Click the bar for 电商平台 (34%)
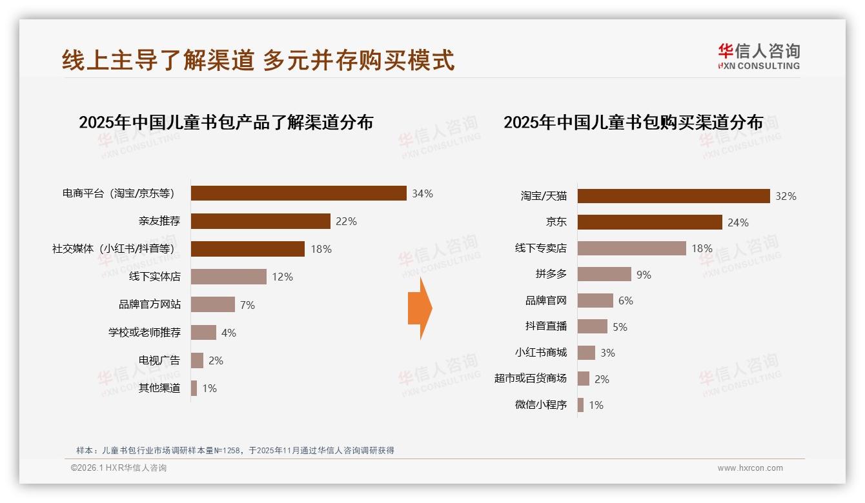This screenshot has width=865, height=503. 298,193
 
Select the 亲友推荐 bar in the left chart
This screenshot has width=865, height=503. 260,221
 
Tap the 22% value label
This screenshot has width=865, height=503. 346,221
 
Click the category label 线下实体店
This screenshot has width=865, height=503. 154,277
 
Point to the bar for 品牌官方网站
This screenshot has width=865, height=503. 212,304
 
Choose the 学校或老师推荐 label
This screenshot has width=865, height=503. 144,332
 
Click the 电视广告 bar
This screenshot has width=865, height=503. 197,360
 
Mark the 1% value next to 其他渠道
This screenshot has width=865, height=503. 209,388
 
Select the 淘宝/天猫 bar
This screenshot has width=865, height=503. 673,196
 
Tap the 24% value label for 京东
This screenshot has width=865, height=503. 738,222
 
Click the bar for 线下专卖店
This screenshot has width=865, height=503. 631,248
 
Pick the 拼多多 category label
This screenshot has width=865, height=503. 551,274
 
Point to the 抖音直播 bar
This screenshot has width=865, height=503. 592,326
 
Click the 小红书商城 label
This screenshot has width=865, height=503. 540,352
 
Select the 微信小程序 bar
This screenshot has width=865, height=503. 580,405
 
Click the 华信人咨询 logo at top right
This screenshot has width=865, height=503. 758,57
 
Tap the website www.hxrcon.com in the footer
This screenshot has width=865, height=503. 749,468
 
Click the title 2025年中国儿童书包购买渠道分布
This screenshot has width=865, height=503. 633,122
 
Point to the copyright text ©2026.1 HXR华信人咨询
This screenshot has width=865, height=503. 118,468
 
